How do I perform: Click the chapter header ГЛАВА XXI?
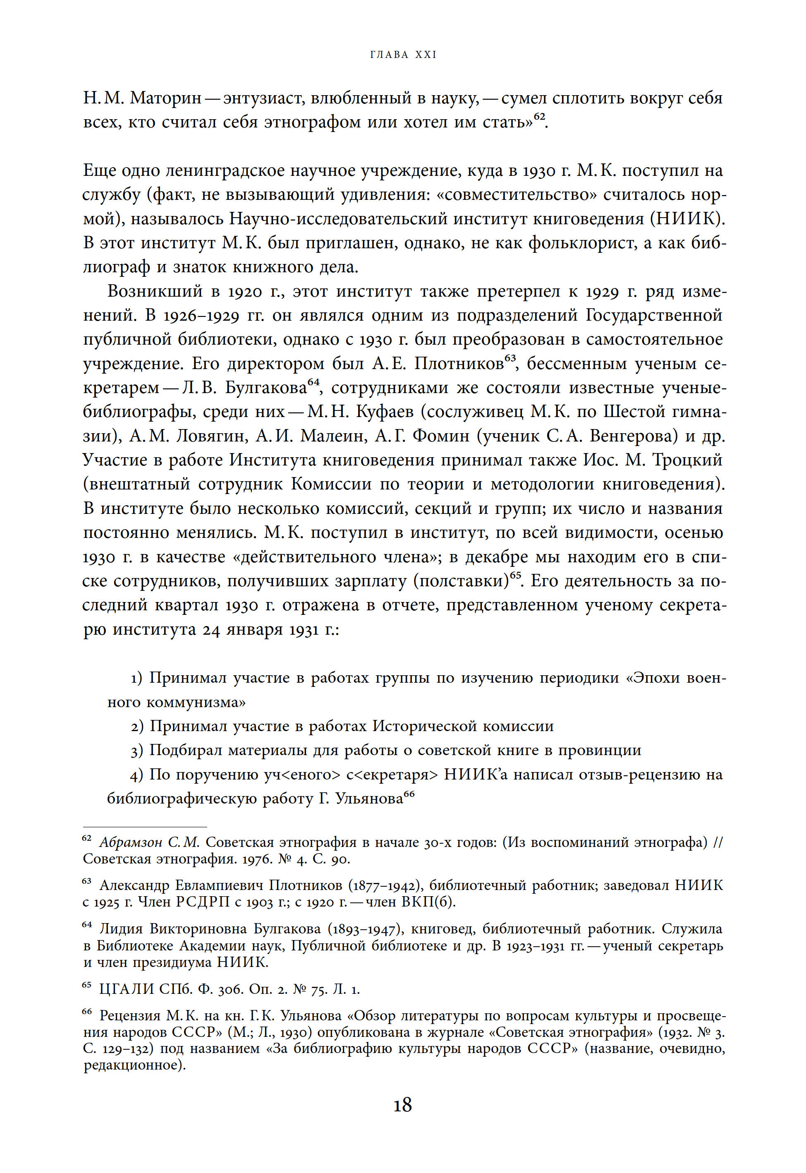pos(403,55)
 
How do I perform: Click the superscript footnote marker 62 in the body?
pos(539,116)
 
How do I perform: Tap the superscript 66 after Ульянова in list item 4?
pos(409,794)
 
